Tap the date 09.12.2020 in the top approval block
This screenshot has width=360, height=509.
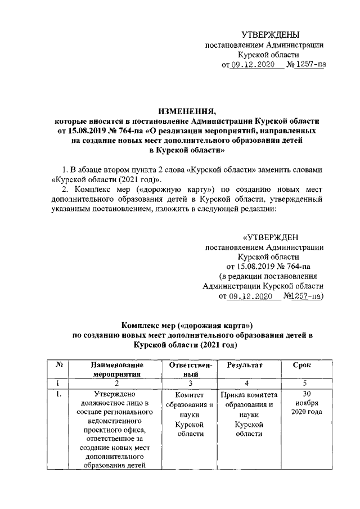(252, 65)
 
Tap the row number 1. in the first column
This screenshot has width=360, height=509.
(58, 393)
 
